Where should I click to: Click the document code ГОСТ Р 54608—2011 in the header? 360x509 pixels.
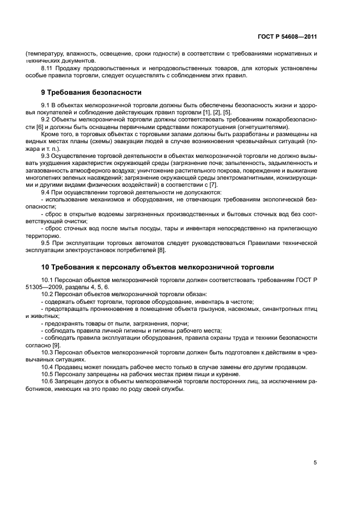tap(287, 37)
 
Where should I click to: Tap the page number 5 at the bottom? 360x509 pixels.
tap(315, 462)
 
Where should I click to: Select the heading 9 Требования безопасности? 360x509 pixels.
tap(91, 93)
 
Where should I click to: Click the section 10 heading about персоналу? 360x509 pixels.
tap(157, 267)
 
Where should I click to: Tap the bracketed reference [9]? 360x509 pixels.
tap(56, 345)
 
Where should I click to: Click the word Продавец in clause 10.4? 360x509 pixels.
tap(71, 366)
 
